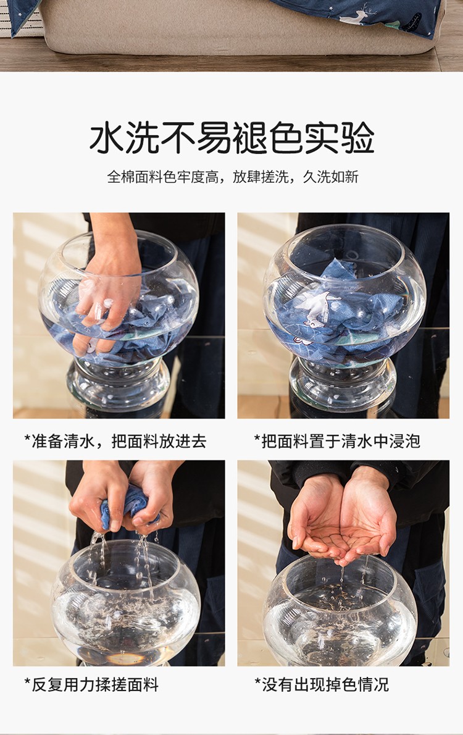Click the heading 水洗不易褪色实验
click(x=231, y=138)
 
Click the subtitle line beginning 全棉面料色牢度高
click(x=233, y=177)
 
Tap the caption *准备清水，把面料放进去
click(x=115, y=441)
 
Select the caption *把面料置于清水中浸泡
click(x=337, y=441)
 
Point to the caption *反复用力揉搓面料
click(x=91, y=685)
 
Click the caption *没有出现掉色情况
click(x=322, y=685)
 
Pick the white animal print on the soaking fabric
click(x=320, y=304)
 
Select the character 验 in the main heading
click(x=357, y=138)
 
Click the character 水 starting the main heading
click(x=106, y=138)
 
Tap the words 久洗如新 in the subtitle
click(x=331, y=177)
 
